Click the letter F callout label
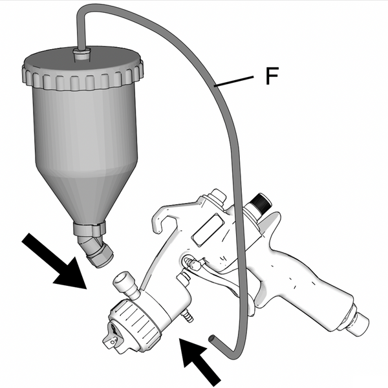click(x=272, y=76)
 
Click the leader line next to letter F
click(x=234, y=81)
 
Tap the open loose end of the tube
click(x=212, y=338)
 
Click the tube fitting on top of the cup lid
click(x=82, y=54)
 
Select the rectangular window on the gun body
click(x=208, y=230)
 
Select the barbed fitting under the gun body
click(x=188, y=316)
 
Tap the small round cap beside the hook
click(x=217, y=195)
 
